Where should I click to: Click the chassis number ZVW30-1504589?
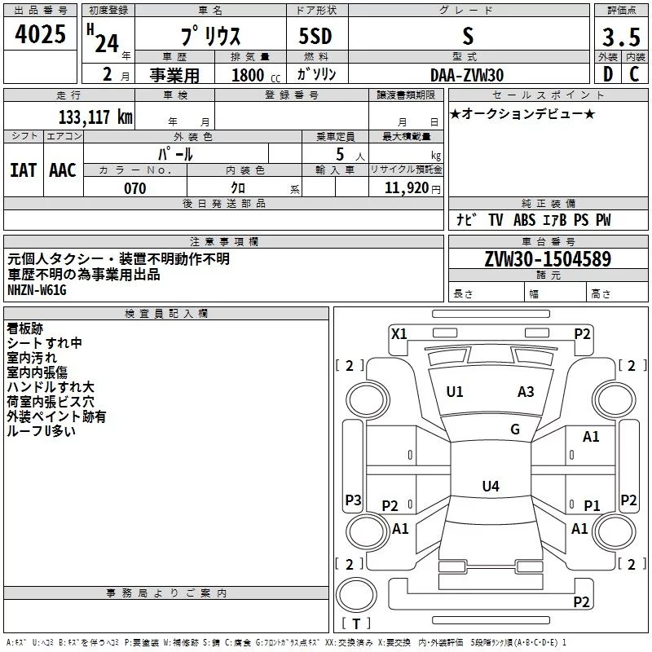coord(548,259)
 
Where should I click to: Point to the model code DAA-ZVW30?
coord(466,75)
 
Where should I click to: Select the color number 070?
coord(134,188)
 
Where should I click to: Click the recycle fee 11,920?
coord(407,188)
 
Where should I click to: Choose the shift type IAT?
coord(23,170)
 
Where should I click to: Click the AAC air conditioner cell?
coord(62,170)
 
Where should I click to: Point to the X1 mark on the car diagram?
coord(399,333)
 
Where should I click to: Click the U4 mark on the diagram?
coord(490,487)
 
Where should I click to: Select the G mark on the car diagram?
coord(515,430)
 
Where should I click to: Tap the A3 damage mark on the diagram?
coord(526,392)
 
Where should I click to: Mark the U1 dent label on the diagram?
coord(455,392)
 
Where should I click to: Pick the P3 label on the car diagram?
coord(353,500)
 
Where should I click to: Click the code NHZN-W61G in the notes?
coord(37,289)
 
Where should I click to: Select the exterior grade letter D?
coord(607,75)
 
